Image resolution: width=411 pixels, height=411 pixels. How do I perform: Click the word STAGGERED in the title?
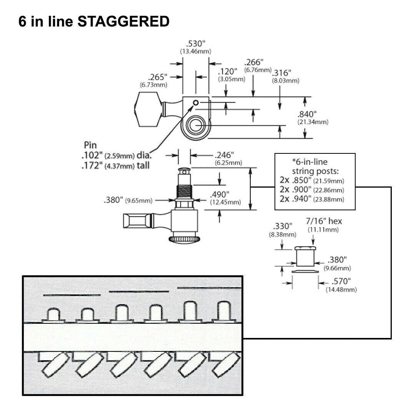tap(123, 21)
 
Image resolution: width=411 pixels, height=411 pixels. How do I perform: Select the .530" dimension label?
tap(195, 43)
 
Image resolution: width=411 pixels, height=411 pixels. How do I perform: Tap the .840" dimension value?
tap(307, 114)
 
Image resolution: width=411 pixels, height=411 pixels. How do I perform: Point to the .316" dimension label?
tap(281, 73)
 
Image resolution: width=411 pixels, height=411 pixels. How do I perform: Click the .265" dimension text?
tap(158, 77)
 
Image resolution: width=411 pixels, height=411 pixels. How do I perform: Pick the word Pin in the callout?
tap(90, 145)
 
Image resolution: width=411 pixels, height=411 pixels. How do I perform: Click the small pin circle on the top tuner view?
tap(196, 103)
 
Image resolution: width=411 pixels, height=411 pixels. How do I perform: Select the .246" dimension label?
tap(224, 155)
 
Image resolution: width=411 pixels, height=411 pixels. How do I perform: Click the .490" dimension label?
tap(220, 195)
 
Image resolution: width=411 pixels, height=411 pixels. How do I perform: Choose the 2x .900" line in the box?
tap(312, 190)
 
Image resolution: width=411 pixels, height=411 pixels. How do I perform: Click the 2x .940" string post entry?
tap(312, 199)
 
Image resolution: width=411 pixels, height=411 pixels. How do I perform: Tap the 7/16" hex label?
tap(324, 221)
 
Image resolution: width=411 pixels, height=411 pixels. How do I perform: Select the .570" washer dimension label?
tap(341, 281)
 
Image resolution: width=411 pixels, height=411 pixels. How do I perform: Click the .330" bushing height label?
tap(283, 226)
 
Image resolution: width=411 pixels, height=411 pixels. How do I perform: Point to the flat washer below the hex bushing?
tap(305, 271)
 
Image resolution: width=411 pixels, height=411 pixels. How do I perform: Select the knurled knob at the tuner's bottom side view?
tap(185, 239)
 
